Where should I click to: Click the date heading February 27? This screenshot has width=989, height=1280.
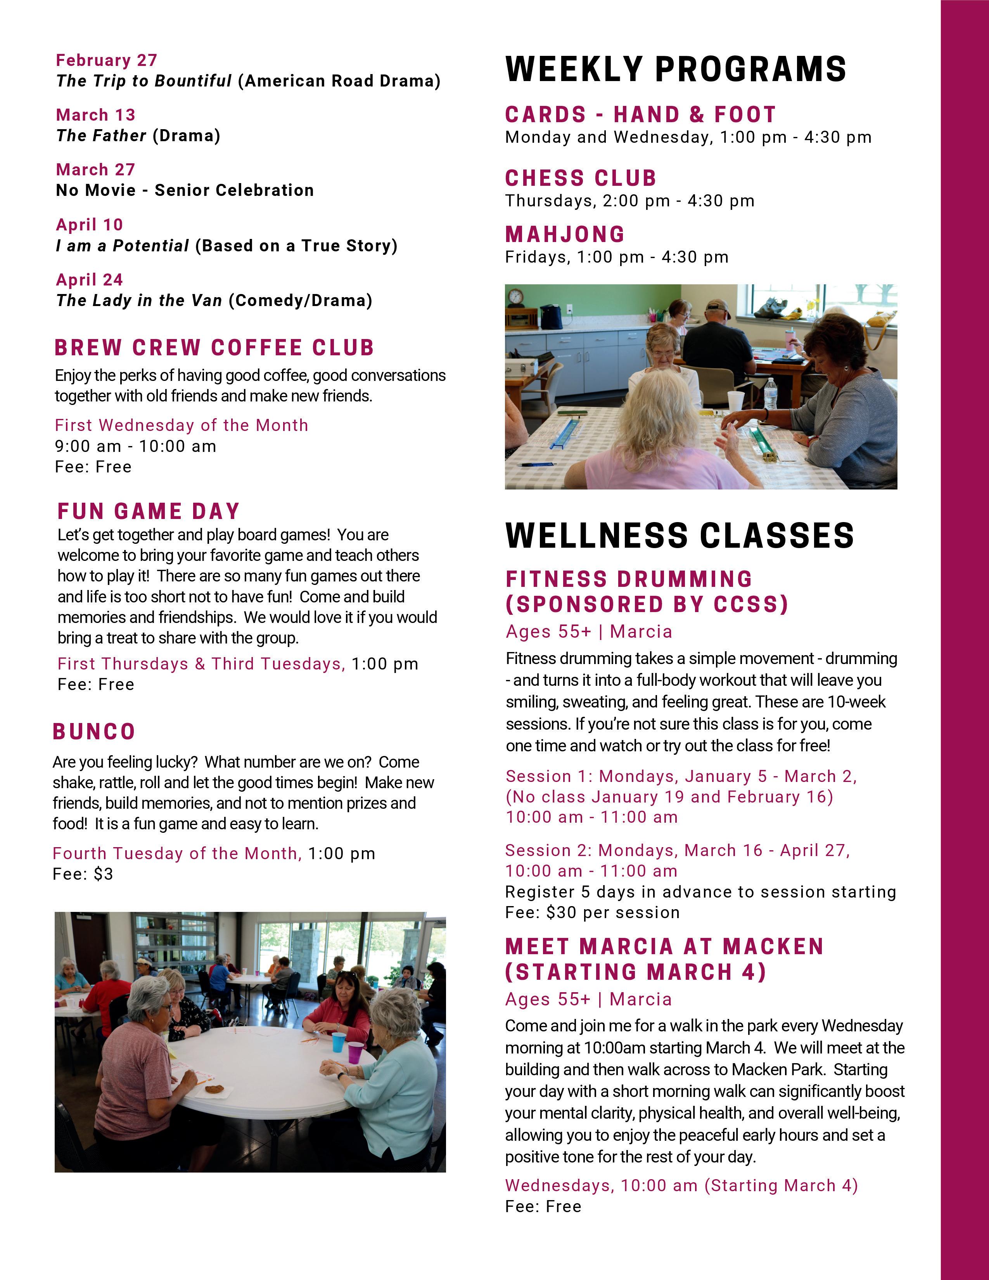tap(106, 61)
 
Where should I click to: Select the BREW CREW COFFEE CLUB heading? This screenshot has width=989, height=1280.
tap(214, 348)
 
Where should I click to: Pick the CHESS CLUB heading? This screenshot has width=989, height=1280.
tap(581, 178)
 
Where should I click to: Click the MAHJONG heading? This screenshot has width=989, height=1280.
tap(565, 234)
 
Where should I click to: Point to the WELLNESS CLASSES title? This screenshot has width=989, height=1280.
tap(680, 536)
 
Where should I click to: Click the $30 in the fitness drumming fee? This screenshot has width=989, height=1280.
tap(559, 913)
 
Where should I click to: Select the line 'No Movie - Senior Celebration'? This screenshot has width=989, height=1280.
tap(185, 190)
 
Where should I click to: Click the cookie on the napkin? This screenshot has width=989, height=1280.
tap(214, 1089)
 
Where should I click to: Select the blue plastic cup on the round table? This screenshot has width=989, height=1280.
tap(339, 1042)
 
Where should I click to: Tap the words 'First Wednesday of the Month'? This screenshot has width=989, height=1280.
tap(181, 426)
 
